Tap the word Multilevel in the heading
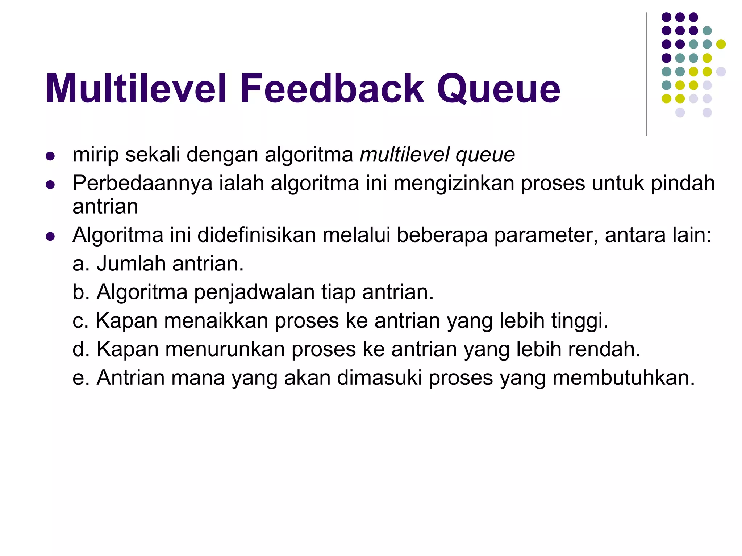[136, 89]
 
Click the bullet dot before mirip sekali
[50, 156]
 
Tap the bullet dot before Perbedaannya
[50, 185]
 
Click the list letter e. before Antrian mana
[81, 378]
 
